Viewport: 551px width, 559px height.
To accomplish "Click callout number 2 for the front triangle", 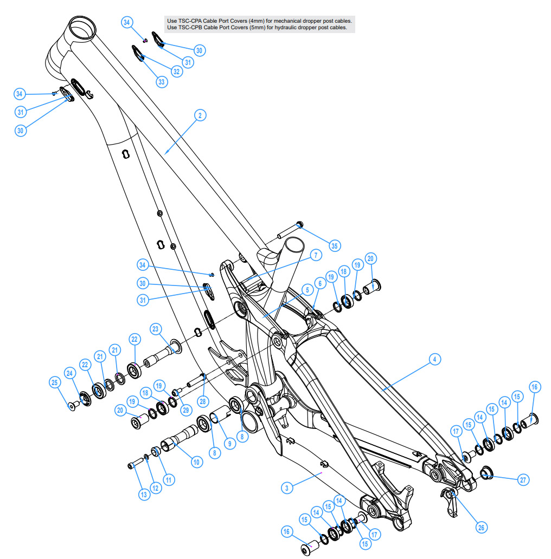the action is tap(200, 115).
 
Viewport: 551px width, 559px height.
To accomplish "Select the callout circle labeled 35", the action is tap(335, 245).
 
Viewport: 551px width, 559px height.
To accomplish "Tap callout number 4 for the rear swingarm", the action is tap(434, 359).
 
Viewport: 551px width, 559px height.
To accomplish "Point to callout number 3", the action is tap(287, 488).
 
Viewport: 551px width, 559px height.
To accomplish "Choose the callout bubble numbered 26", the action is tap(481, 528).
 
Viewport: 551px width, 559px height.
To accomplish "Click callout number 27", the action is tap(523, 480).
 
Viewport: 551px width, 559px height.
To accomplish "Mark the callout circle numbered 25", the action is tap(55, 382).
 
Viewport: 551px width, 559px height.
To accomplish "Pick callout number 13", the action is tap(144, 495).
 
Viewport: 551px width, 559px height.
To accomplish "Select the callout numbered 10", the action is tap(196, 463).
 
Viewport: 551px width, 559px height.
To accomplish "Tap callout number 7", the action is tap(316, 255).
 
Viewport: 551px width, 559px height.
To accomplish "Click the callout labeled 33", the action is tap(162, 82).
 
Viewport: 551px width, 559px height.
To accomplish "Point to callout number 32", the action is tap(176, 71).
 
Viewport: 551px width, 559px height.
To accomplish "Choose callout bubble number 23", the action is tap(155, 329).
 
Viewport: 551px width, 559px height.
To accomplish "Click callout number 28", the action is tap(203, 401).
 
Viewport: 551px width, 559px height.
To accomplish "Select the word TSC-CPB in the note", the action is tap(190, 28).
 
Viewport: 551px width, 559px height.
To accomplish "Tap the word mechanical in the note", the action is tap(287, 21).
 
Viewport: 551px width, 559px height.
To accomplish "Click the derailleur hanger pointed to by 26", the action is tap(450, 502).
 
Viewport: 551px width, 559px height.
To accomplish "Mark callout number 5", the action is tap(307, 290).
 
